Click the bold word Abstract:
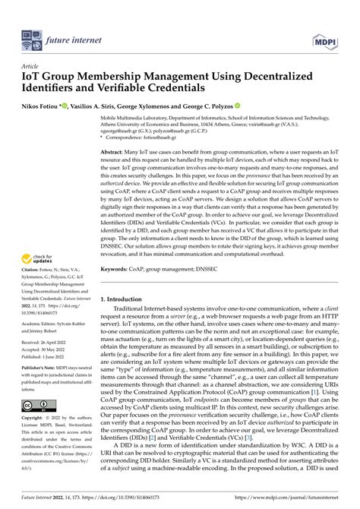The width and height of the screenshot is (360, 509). coord(115,153)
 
